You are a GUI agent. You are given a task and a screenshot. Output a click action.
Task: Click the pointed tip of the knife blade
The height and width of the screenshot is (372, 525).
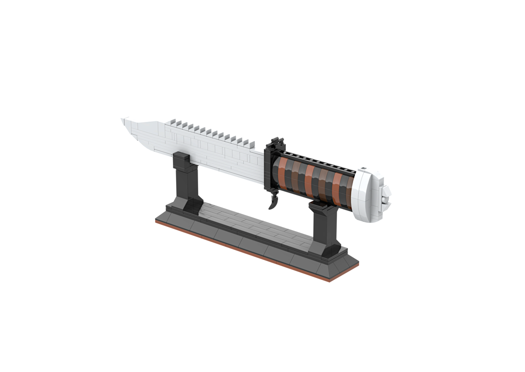coord(123,120)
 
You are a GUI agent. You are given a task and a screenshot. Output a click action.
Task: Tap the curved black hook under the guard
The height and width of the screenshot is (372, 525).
coord(273,201)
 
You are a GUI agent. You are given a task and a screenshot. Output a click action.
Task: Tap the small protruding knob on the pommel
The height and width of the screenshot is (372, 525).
coord(386,199)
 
